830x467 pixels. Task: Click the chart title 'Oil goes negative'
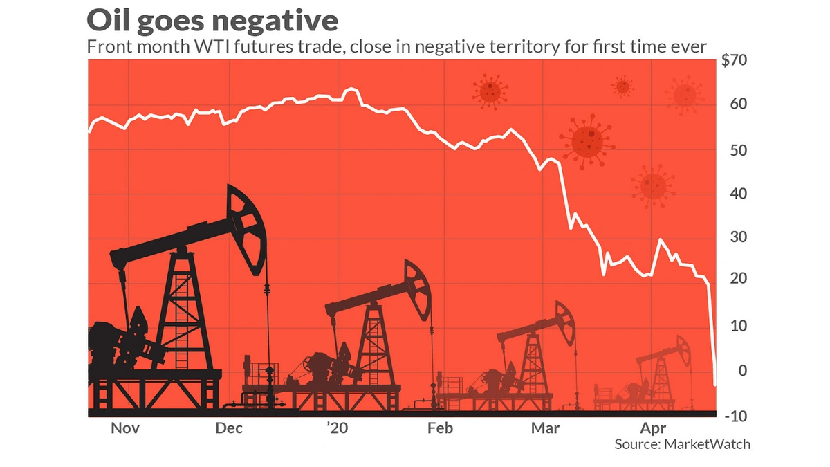click(212, 20)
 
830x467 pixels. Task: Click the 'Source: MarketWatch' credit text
click(682, 445)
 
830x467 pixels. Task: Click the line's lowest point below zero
click(715, 385)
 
